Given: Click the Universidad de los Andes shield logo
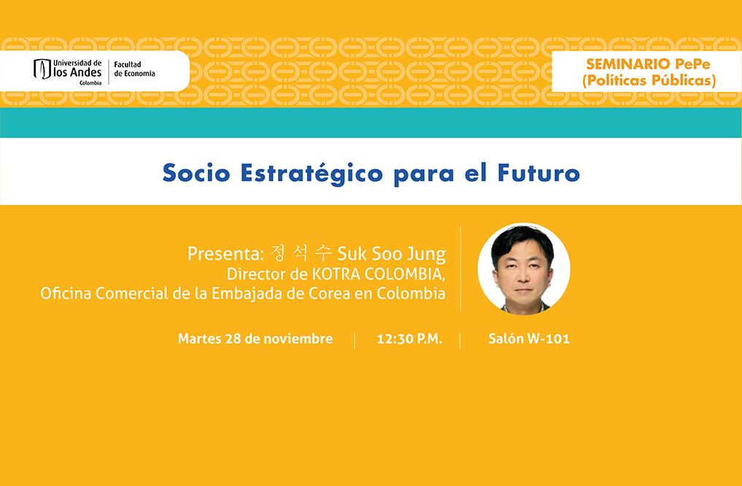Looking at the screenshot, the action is click(42, 69).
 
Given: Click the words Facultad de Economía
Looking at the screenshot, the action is click(134, 69).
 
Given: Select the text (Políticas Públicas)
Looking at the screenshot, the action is click(649, 80).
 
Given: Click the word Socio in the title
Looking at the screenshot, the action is click(196, 173).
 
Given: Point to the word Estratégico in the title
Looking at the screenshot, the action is click(312, 174).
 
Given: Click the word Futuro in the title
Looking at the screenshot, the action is click(538, 173).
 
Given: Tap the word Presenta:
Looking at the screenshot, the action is click(225, 254).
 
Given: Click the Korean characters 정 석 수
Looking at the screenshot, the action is click(301, 253).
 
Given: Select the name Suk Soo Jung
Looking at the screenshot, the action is click(391, 255).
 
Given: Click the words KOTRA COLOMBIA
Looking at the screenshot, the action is click(378, 274).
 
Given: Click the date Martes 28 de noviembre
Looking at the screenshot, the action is click(255, 339).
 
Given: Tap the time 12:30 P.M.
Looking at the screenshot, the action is click(409, 339).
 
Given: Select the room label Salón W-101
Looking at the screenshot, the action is click(529, 339).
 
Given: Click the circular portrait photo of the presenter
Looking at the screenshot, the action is click(524, 269).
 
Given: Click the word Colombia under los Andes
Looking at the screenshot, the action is click(90, 82).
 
